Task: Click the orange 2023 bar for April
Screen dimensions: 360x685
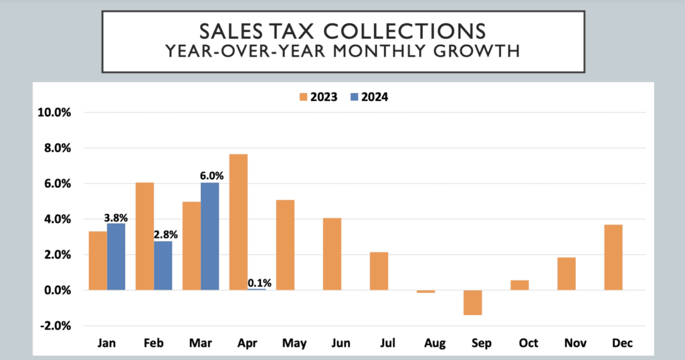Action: click(x=239, y=222)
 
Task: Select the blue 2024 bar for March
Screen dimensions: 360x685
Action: click(x=210, y=236)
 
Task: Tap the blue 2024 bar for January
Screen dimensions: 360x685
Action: click(x=116, y=256)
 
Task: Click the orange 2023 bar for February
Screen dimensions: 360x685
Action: click(x=145, y=236)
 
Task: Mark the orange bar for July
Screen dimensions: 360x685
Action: click(x=379, y=271)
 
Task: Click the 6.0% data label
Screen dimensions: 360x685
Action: click(x=211, y=176)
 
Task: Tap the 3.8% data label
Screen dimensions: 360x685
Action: click(x=116, y=217)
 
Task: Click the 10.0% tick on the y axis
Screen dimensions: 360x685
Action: click(x=56, y=112)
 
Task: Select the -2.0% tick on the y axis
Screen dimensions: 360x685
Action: click(x=56, y=326)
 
